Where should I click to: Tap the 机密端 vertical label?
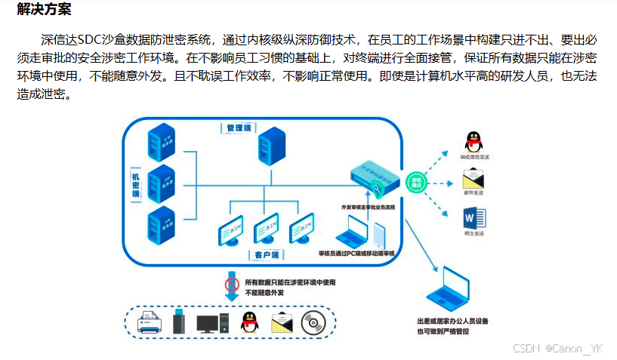click(136, 183)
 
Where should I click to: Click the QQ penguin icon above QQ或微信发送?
click(474, 141)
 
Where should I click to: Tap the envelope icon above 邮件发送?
click(474, 180)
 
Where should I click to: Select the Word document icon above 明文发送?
click(474, 219)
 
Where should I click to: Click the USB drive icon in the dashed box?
click(178, 322)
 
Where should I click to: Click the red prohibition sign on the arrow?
click(233, 285)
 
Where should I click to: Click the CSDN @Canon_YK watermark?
click(557, 349)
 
